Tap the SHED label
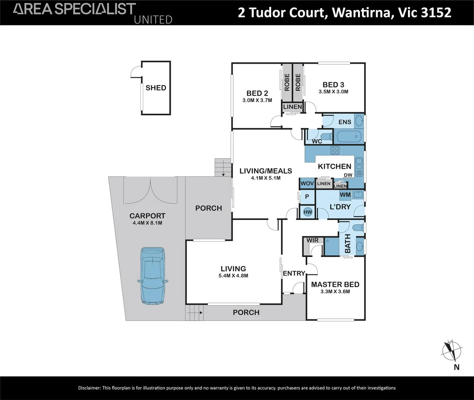(x=156, y=88)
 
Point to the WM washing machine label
(x=345, y=195)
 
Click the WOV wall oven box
(x=307, y=183)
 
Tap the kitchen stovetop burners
(x=335, y=150)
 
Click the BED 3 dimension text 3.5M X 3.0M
(x=333, y=91)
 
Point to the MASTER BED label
(x=335, y=284)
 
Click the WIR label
(x=313, y=240)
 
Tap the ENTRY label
(x=294, y=273)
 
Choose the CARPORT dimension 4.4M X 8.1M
(x=147, y=223)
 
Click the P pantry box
(x=307, y=197)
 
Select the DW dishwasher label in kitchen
(x=348, y=175)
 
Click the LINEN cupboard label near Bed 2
(x=293, y=107)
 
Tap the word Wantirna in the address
(x=361, y=12)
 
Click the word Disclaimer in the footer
(x=89, y=388)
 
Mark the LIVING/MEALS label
(x=266, y=171)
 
